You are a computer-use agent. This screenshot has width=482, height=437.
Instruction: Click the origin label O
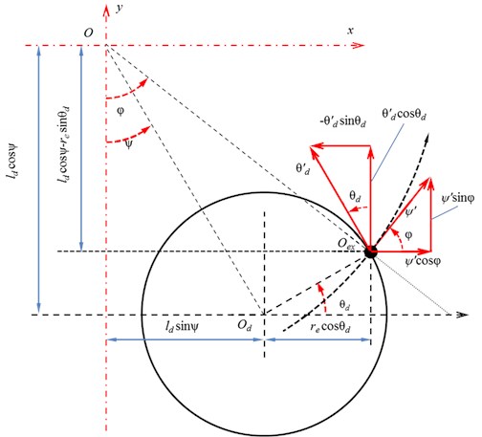point(89,33)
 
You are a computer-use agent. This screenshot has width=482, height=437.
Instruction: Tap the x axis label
point(351,31)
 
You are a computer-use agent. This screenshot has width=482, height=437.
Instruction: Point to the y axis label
point(120,8)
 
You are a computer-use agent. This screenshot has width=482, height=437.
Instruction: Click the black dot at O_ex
point(370,251)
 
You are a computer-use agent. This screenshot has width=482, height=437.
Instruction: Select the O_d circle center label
point(244,326)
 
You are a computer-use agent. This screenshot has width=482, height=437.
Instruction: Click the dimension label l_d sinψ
point(182,326)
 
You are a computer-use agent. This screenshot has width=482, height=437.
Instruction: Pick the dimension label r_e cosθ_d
point(330,327)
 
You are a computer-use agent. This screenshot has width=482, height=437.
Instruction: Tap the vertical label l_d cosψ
point(13,165)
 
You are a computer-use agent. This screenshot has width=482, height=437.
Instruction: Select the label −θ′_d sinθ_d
point(343,121)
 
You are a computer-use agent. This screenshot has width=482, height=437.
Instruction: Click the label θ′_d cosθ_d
point(404,115)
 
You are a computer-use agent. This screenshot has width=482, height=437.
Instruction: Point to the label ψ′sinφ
point(458,198)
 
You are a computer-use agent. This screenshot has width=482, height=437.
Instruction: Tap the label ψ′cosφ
point(423,262)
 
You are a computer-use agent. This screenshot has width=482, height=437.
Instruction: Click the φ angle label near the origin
point(120,111)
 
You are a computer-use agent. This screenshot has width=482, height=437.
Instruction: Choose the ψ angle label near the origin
point(128,144)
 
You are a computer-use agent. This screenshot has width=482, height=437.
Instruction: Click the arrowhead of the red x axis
point(359,45)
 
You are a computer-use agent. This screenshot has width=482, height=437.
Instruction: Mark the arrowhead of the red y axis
point(106,10)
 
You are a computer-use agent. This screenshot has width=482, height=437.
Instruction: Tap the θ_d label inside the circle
point(344,306)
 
